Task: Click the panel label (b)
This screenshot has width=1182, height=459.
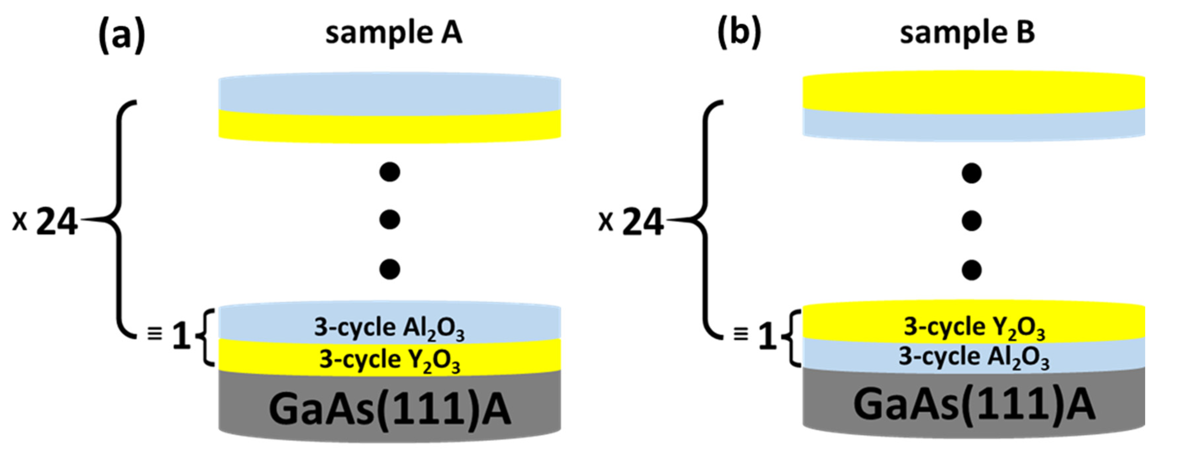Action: [x=739, y=33]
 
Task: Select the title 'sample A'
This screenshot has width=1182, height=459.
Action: [x=394, y=33]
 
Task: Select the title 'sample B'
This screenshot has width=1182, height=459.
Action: [x=967, y=33]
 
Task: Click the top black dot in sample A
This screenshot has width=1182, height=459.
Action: [x=389, y=172]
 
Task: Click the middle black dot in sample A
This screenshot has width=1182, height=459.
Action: [x=389, y=220]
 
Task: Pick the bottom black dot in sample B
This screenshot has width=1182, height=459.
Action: [x=971, y=270]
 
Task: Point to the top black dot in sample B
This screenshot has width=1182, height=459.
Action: [x=971, y=173]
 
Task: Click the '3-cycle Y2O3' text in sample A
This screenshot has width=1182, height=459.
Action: [x=389, y=359]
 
